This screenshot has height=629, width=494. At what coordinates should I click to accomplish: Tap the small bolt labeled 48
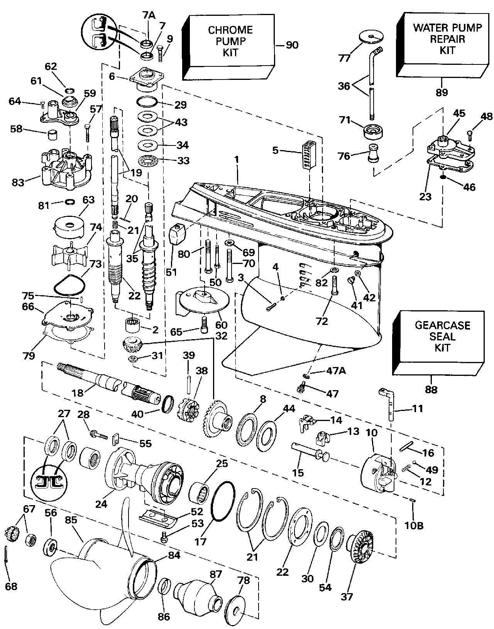[470, 134]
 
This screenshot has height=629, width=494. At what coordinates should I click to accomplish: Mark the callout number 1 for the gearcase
[237, 159]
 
